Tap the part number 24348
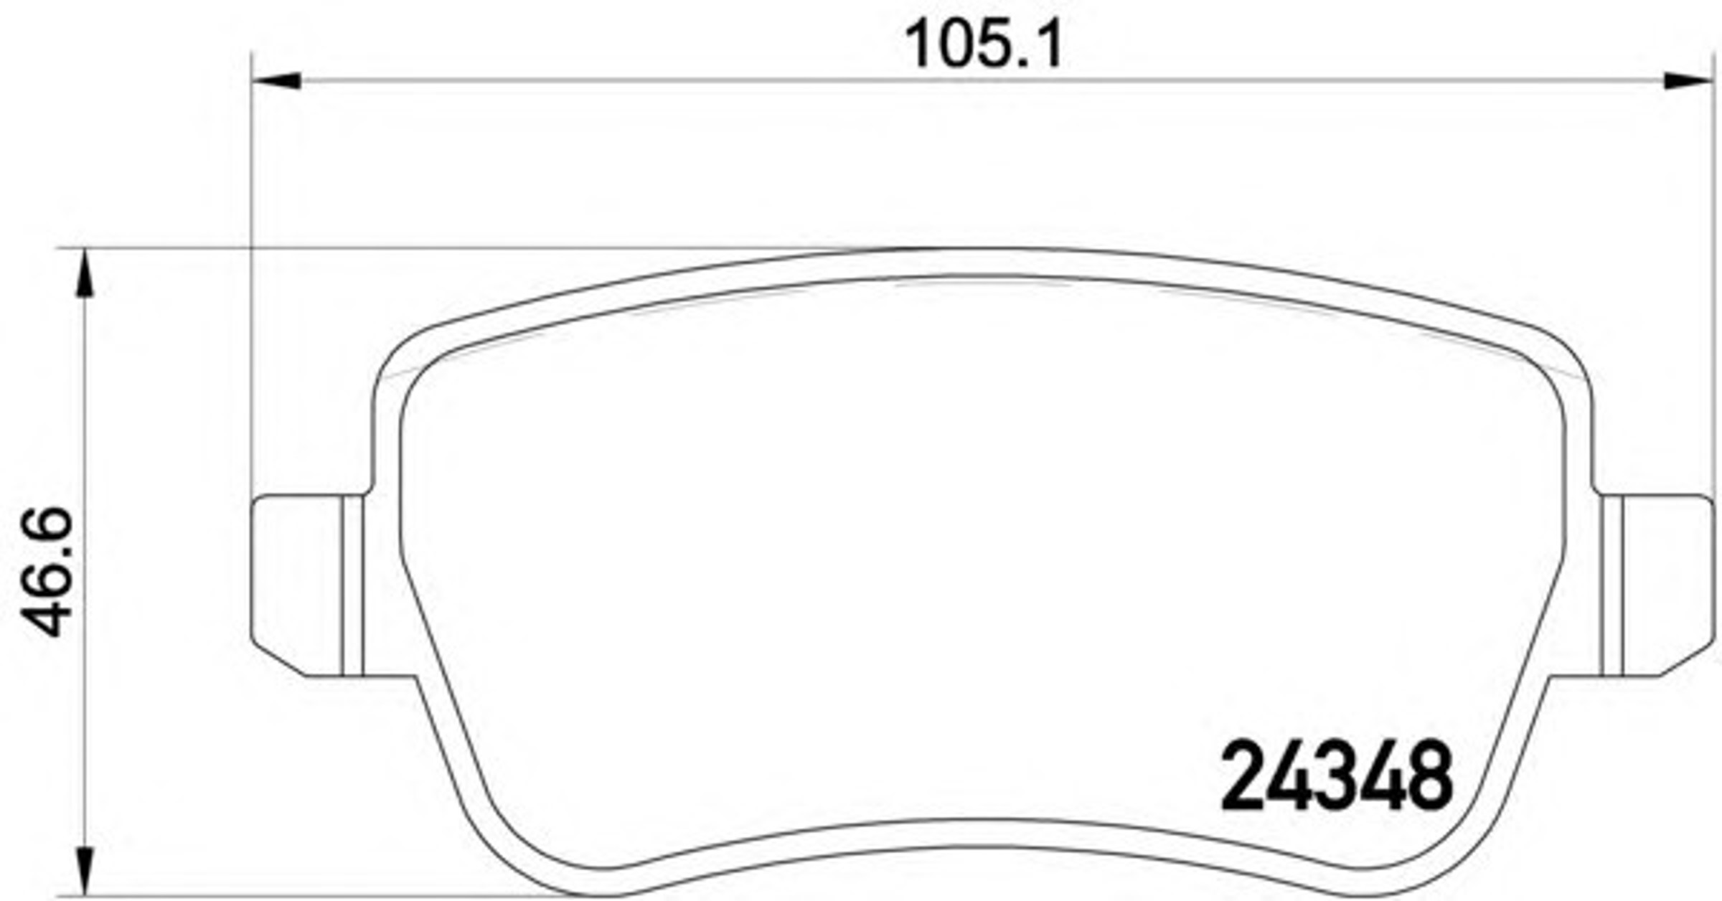point(1337,776)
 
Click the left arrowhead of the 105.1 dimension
point(276,81)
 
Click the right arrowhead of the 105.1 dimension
point(1688,81)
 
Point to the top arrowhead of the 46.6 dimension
point(85,273)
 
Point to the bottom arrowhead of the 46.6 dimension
point(85,871)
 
